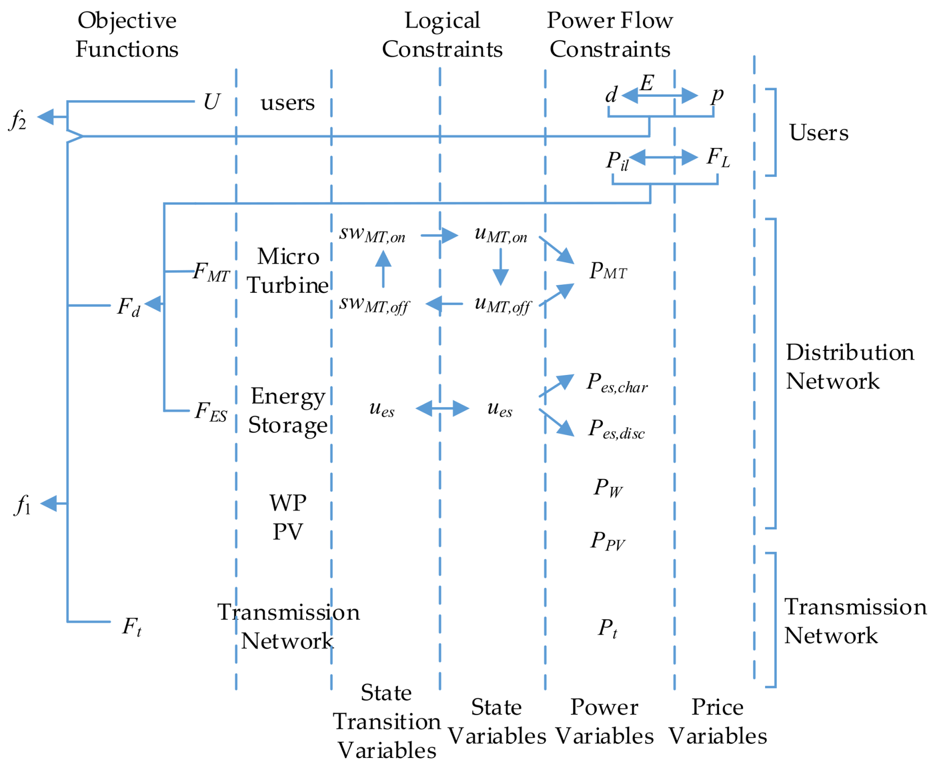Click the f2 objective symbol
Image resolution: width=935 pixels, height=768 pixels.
click(x=18, y=120)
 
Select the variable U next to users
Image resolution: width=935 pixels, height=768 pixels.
click(x=211, y=102)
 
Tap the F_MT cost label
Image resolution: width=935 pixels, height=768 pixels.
click(x=211, y=272)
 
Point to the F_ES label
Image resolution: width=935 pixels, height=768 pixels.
click(x=211, y=412)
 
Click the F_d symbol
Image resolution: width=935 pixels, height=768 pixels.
click(x=128, y=306)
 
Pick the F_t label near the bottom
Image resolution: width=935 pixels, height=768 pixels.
click(x=132, y=626)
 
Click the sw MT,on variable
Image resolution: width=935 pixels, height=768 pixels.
click(x=372, y=234)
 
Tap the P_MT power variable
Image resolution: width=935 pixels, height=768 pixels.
click(x=608, y=271)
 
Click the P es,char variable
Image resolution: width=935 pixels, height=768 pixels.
click(x=617, y=383)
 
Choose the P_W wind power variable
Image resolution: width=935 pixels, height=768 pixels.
click(x=608, y=488)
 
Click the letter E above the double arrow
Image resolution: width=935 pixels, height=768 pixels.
click(x=647, y=83)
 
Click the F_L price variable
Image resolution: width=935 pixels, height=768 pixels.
click(x=718, y=157)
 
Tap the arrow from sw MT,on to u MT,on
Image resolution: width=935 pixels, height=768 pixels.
click(x=439, y=235)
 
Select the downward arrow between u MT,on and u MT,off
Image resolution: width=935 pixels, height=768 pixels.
click(x=501, y=267)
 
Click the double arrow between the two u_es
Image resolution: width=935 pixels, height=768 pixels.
click(x=442, y=408)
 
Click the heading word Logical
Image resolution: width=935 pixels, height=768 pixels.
click(x=442, y=21)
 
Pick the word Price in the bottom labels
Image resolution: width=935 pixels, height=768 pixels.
click(x=718, y=707)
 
